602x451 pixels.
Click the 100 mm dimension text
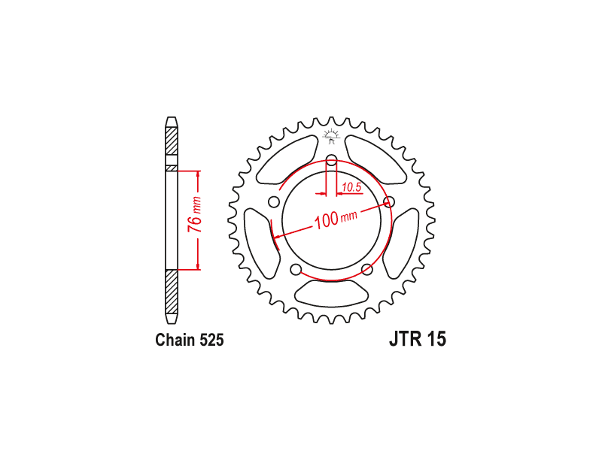336,219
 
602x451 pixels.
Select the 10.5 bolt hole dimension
351,187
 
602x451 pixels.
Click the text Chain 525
190,340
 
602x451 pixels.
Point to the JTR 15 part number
418,339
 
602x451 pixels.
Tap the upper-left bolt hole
274,201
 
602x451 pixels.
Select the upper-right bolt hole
389,201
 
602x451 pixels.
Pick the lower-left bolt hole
296,270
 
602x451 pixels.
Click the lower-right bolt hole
367,270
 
